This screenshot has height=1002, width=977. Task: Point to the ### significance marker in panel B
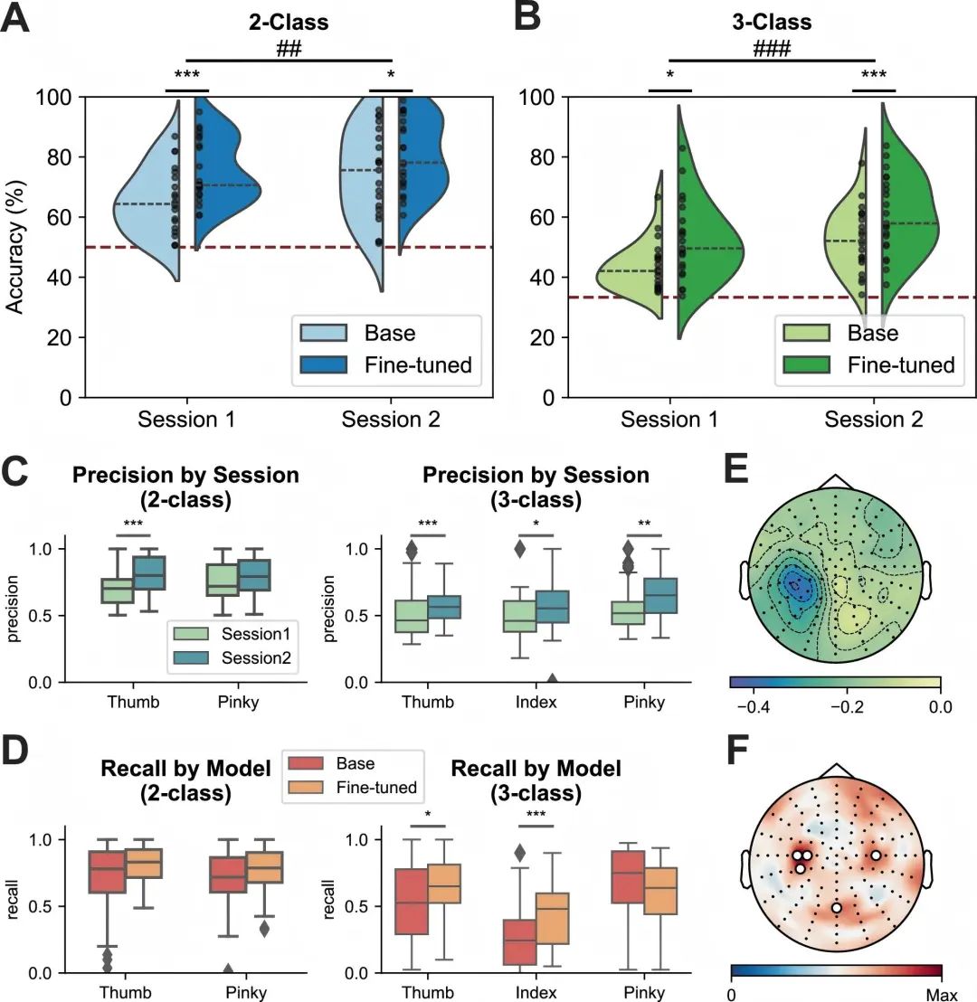point(772,50)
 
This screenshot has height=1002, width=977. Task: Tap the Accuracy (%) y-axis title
point(15,245)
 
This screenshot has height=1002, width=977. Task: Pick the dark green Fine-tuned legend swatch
point(804,365)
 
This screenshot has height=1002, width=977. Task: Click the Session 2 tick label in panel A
point(391,420)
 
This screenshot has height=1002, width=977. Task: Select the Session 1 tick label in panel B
point(669,420)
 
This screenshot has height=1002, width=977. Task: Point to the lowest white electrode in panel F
point(837,907)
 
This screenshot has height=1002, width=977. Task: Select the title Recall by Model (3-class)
point(536,781)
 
